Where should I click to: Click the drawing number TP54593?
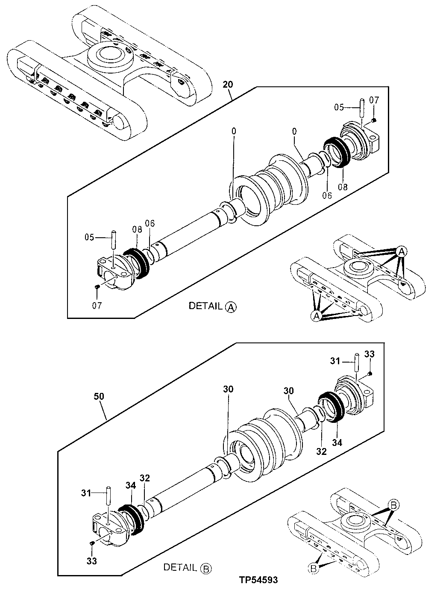[x=258, y=580]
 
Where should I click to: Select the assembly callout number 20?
[x=228, y=84]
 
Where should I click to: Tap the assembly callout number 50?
[x=99, y=396]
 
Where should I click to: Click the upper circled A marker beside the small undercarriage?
[x=401, y=251]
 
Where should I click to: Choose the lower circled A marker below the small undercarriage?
[x=316, y=316]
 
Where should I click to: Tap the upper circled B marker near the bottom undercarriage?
[x=393, y=505]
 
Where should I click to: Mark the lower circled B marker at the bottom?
[x=313, y=568]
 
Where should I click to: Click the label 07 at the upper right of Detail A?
[x=374, y=100]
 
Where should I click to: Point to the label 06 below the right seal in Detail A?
[x=327, y=195]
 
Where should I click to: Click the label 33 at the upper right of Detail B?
[x=369, y=354]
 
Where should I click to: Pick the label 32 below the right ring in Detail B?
[x=321, y=451]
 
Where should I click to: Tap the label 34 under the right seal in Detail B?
[x=337, y=443]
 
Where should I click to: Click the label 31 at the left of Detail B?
[x=86, y=493]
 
